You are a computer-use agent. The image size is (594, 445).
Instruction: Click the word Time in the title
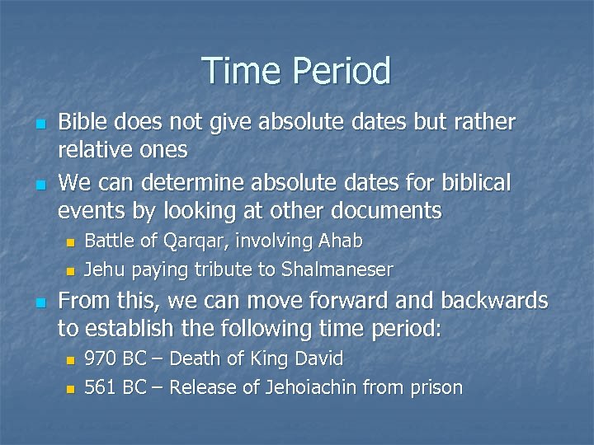pos(238,71)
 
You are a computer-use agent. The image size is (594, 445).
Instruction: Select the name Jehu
pos(103,269)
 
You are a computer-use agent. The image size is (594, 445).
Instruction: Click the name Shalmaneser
pos(337,269)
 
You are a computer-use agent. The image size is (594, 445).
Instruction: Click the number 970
pos(101,359)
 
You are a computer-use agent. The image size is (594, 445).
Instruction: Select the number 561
pos(101,387)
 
